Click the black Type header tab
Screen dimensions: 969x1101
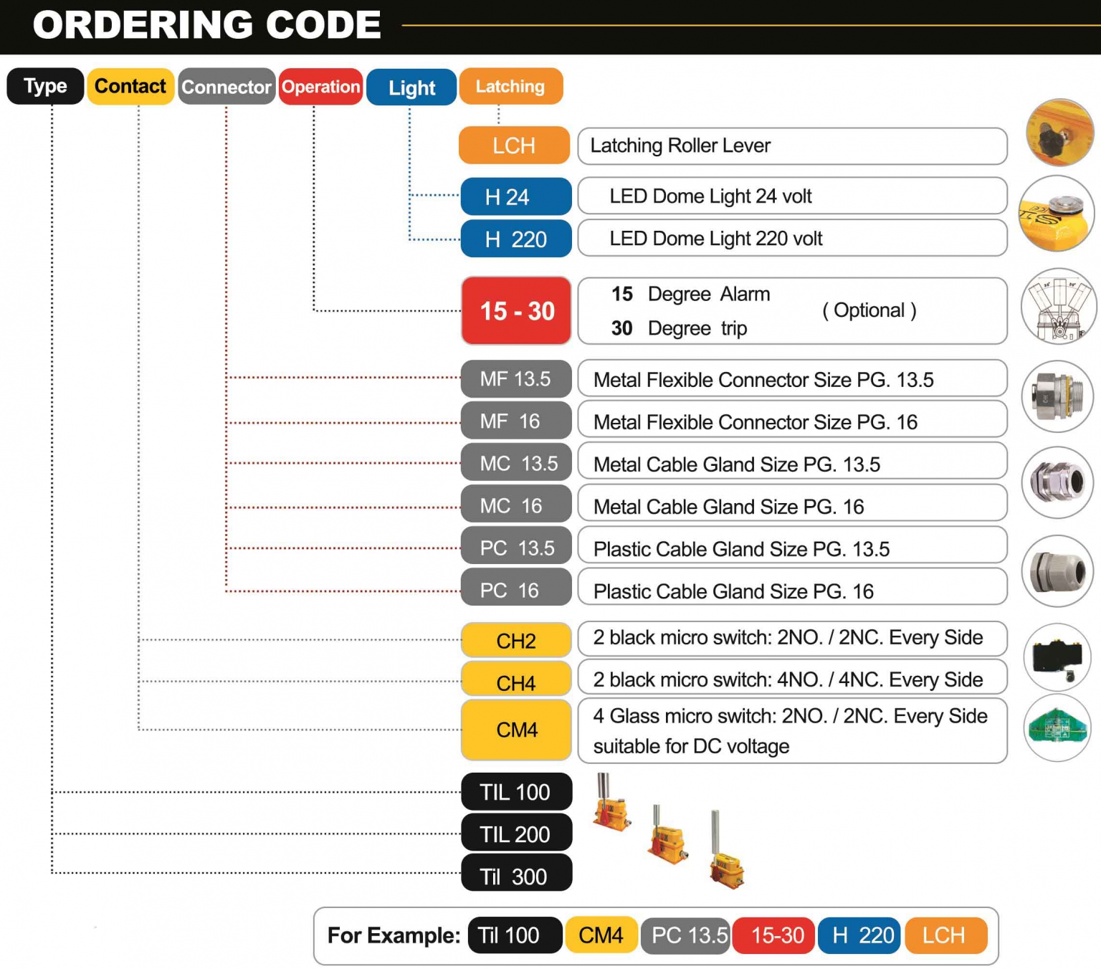click(45, 86)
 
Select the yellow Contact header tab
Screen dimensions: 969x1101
click(130, 86)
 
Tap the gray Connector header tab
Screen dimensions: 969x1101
click(227, 87)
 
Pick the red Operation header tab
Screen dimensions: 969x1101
click(320, 87)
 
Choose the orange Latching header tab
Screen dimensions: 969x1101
click(510, 86)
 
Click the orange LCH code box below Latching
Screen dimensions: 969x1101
click(514, 145)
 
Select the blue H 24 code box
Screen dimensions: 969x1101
click(515, 196)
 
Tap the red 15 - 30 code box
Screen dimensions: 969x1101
click(516, 311)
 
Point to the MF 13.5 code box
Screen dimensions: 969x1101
click(515, 378)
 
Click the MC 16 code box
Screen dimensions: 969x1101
click(515, 505)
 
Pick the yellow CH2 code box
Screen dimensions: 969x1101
click(516, 640)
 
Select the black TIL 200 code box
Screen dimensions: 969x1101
click(516, 834)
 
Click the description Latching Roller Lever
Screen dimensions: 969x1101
click(680, 145)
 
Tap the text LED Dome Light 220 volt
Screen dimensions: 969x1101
click(715, 238)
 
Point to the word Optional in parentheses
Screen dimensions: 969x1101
click(869, 310)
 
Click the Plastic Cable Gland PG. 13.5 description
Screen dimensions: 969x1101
click(741, 548)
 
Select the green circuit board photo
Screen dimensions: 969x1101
click(1057, 728)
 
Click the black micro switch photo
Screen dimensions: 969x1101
click(1057, 657)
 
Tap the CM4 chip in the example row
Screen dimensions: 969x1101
click(601, 935)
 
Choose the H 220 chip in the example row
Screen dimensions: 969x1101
click(859, 935)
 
